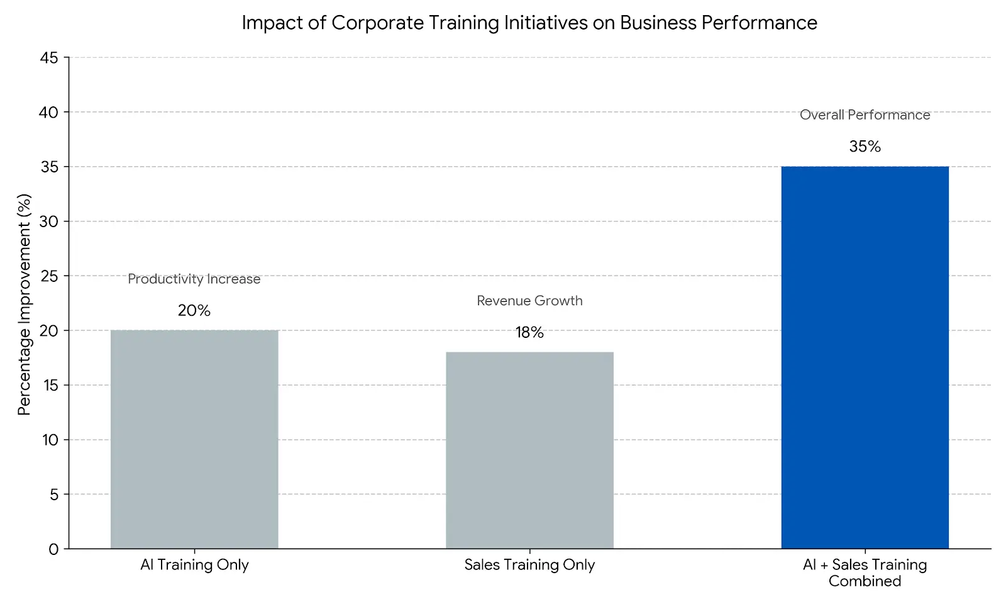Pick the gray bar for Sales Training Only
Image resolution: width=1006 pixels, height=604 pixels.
tap(529, 450)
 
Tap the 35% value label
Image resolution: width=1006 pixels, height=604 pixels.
tap(865, 147)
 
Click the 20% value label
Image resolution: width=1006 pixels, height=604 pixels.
tap(194, 310)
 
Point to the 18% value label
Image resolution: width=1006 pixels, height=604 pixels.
tap(529, 332)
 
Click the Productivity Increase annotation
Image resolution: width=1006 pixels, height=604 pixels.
tap(194, 279)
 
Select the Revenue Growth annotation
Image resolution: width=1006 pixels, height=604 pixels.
tap(529, 301)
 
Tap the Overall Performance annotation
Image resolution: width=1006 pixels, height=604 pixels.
tap(865, 115)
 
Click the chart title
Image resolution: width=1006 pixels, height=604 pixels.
tap(529, 23)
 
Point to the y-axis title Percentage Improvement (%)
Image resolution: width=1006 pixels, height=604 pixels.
tap(24, 304)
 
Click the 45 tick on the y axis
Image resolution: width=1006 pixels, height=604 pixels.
tap(49, 58)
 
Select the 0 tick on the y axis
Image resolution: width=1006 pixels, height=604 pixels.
tap(53, 549)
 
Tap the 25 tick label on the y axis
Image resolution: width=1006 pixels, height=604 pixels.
tap(49, 276)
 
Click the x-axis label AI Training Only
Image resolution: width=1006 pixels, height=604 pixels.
tap(194, 564)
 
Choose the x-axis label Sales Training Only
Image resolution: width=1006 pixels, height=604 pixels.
tap(529, 564)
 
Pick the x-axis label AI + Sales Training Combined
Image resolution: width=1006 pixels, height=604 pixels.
tap(865, 573)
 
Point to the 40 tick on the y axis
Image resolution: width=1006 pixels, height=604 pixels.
tap(49, 113)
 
